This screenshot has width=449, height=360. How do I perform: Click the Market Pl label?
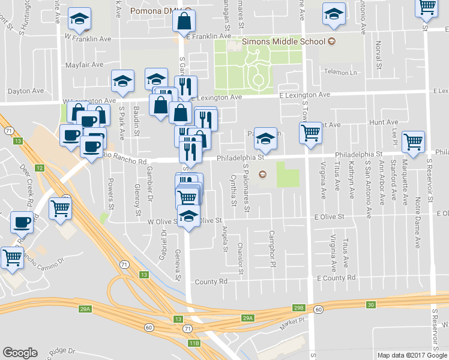[293, 326]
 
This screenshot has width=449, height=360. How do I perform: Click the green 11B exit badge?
[193, 343]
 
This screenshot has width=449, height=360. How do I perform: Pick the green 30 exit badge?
[371, 305]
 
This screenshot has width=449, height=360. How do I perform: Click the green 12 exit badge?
[39, 168]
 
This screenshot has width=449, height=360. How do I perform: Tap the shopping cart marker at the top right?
[427, 7]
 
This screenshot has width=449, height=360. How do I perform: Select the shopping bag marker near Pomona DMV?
[184, 22]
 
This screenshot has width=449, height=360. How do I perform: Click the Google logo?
[20, 353]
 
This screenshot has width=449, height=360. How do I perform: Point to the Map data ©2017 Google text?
[412, 355]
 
